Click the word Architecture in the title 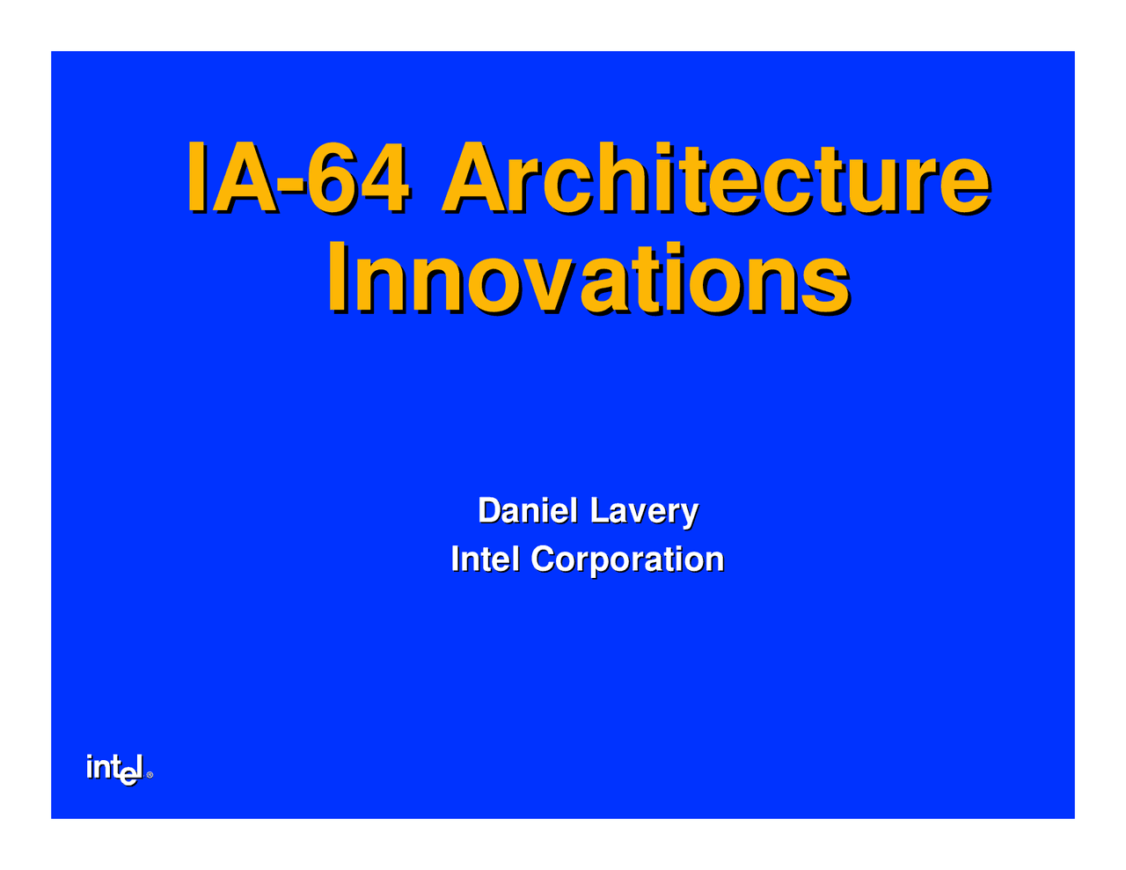pyautogui.click(x=714, y=178)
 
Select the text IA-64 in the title pyautogui.click(x=296, y=178)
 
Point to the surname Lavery pyautogui.click(x=644, y=510)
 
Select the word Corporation pyautogui.click(x=627, y=559)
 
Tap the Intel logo pyautogui.click(x=114, y=768)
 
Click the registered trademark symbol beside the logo pyautogui.click(x=150, y=775)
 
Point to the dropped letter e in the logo pyautogui.click(x=128, y=775)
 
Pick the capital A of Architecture pyautogui.click(x=476, y=178)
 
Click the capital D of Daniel pyautogui.click(x=489, y=510)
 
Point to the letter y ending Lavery pyautogui.click(x=690, y=514)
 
